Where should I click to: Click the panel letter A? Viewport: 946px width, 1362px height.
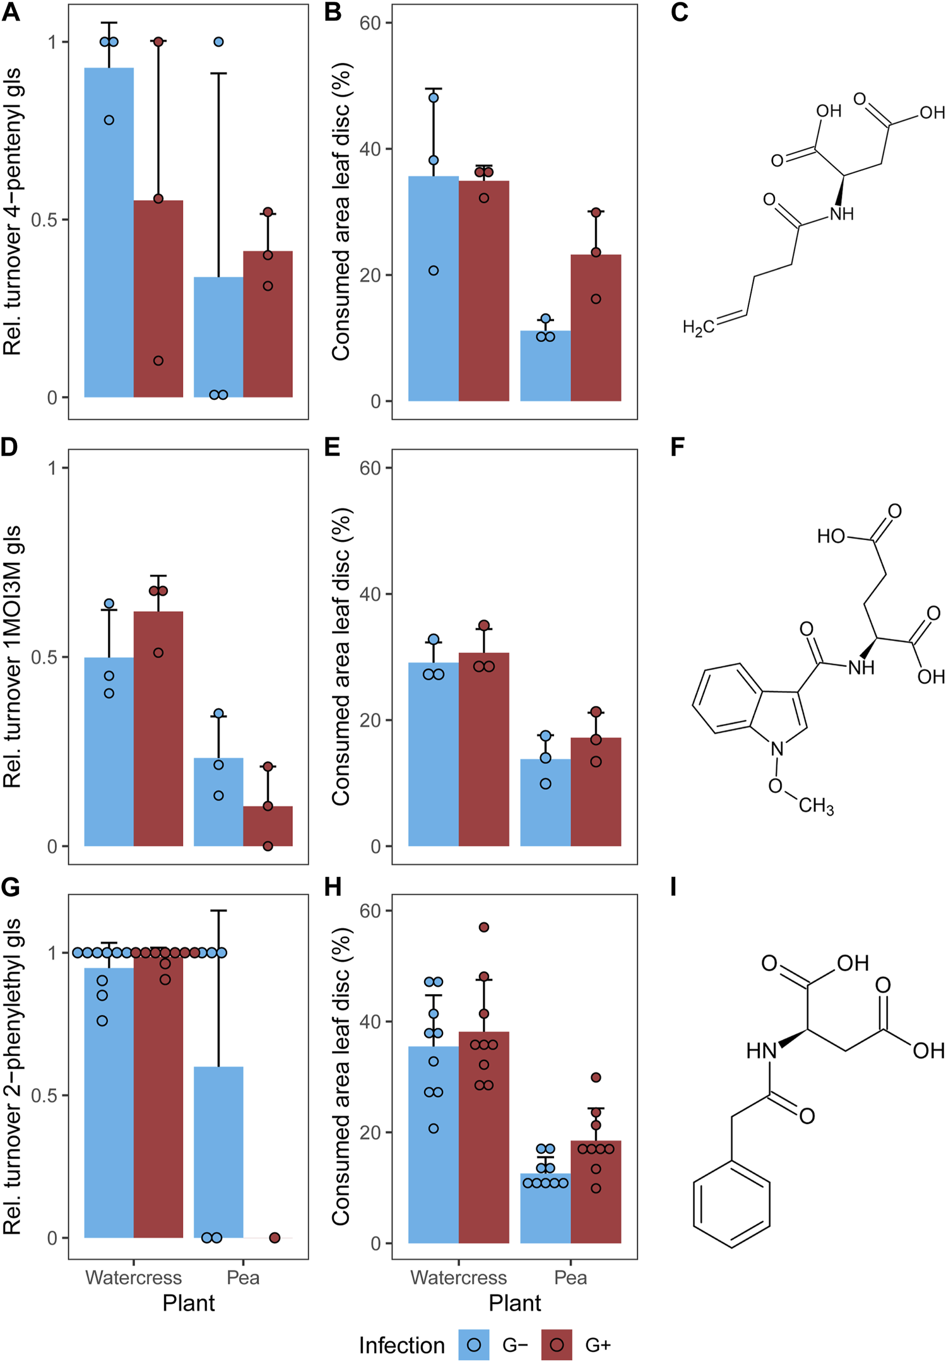pyautogui.click(x=11, y=12)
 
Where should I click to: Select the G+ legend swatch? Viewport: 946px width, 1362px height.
pyautogui.click(x=557, y=1344)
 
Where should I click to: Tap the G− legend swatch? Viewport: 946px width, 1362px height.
pyautogui.click(x=473, y=1344)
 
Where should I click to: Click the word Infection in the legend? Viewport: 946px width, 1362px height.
pyautogui.click(x=401, y=1345)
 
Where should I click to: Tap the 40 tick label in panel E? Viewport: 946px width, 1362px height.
pyautogui.click(x=371, y=594)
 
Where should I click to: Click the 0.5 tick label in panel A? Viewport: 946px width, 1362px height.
pyautogui.click(x=44, y=220)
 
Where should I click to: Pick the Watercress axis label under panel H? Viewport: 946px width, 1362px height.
pyautogui.click(x=458, y=1277)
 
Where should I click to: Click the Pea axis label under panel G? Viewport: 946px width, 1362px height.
pyautogui.click(x=243, y=1277)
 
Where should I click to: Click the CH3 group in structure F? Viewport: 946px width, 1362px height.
pyautogui.click(x=815, y=806)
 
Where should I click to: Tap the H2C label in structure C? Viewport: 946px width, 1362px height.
pyautogui.click(x=698, y=327)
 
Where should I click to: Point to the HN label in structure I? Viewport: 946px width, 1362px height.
pyautogui.click(x=761, y=1050)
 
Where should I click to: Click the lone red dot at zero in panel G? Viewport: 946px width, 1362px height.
pyautogui.click(x=275, y=1238)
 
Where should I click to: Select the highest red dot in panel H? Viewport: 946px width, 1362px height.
pyautogui.click(x=484, y=927)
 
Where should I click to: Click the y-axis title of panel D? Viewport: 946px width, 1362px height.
pyautogui.click(x=13, y=656)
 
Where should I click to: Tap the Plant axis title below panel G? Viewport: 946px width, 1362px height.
pyautogui.click(x=188, y=1303)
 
